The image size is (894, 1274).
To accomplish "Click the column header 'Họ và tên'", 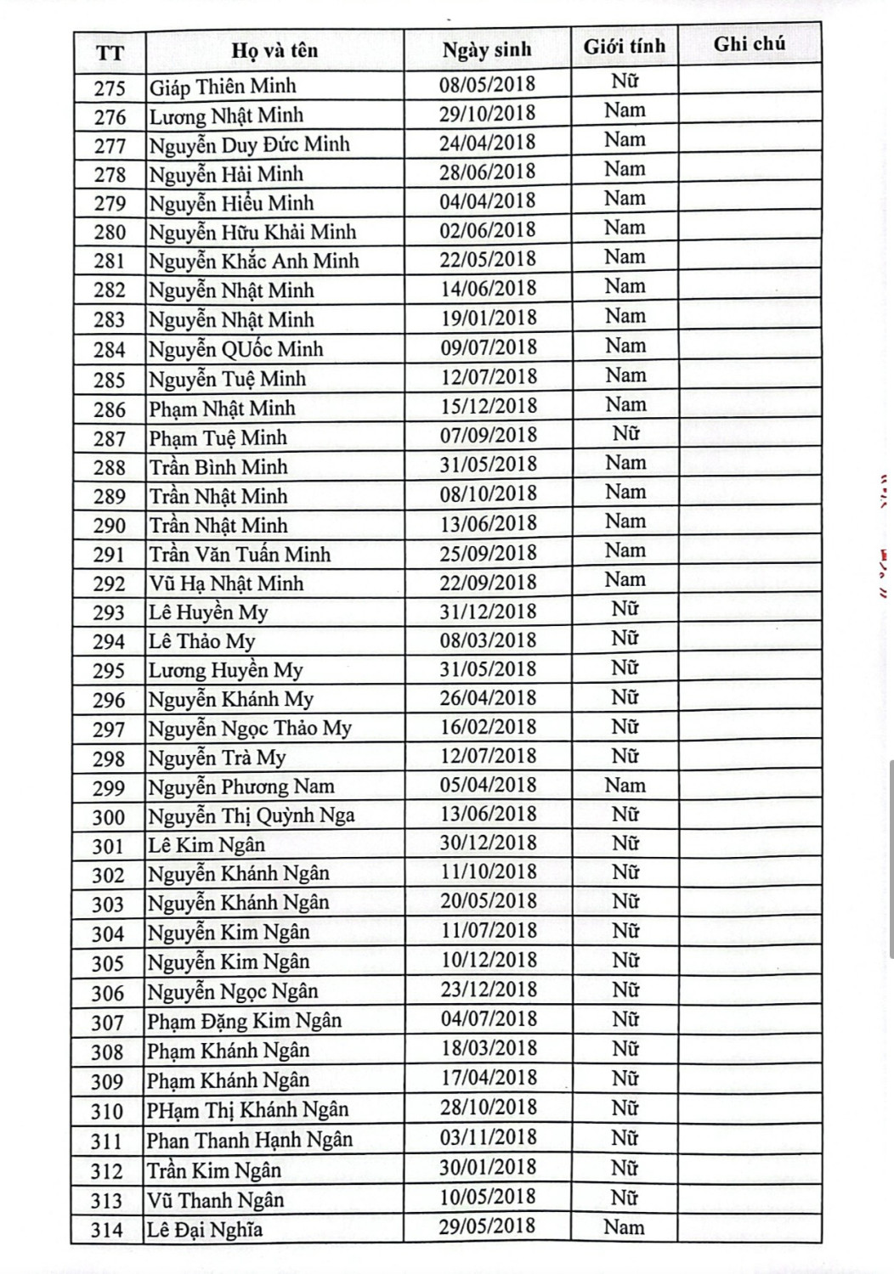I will [274, 51].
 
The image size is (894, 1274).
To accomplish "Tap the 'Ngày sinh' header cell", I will [487, 50].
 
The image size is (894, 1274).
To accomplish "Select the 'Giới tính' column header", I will [625, 47].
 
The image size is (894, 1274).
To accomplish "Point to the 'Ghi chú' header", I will [749, 44].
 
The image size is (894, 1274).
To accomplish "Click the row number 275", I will [110, 88].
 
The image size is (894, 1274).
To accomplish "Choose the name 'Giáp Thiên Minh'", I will [223, 87].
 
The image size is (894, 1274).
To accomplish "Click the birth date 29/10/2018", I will [488, 113].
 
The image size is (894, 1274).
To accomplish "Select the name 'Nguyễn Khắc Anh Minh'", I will [254, 261].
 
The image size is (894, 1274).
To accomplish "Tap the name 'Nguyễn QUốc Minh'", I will [236, 349].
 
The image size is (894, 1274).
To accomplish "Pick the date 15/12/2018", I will [489, 406].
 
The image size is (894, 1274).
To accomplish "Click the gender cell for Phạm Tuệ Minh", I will [625, 434].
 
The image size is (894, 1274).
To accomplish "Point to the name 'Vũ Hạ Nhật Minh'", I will [226, 583].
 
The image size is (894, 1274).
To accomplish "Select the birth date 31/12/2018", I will [489, 612].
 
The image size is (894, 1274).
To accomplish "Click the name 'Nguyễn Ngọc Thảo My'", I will [250, 729].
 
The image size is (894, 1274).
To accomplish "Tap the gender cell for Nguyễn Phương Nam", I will [625, 786].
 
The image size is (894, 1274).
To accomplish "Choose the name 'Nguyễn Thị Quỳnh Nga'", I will [252, 816].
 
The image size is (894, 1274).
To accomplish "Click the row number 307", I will [108, 1023].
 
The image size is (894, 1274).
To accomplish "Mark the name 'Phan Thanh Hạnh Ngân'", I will [250, 1140].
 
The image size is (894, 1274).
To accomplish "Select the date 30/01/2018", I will [488, 1168].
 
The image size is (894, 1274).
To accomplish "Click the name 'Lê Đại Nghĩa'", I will [205, 1230].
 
